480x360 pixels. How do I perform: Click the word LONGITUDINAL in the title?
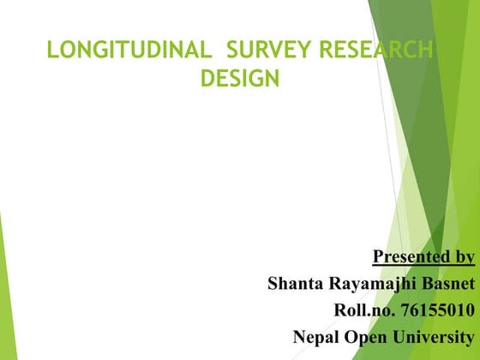pos(129,51)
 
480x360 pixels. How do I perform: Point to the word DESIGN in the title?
pos(239,79)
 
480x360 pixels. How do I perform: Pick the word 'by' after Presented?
pos(463,256)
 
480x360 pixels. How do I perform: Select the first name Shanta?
pos(296,283)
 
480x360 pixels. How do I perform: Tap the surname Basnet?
pos(447,283)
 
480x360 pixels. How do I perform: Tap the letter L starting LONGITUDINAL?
pos(52,51)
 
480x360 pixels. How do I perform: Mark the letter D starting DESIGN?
pos(207,79)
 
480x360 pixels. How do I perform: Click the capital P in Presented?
pos(379,256)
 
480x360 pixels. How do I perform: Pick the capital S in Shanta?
pos(273,283)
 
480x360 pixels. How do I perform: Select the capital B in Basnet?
pos(426,283)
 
